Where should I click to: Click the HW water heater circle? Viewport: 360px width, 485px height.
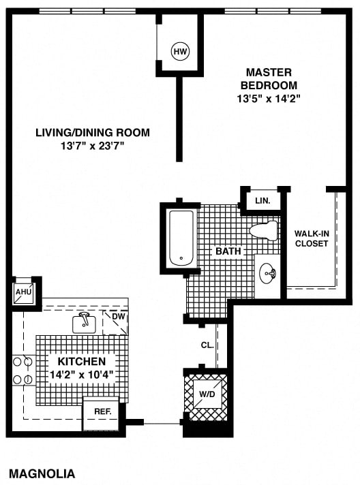(180, 51)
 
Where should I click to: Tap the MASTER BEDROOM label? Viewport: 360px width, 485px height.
(269, 78)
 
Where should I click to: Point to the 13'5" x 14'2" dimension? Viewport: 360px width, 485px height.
(269, 99)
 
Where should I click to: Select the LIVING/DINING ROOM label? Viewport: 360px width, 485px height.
(93, 133)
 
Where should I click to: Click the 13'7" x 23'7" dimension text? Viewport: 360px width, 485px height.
(92, 146)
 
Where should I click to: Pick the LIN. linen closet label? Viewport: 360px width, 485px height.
(262, 200)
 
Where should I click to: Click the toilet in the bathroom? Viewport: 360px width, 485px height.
(263, 231)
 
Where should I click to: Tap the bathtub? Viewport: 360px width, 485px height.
(181, 238)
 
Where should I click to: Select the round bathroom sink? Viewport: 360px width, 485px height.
(267, 273)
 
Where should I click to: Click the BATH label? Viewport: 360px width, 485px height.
(228, 251)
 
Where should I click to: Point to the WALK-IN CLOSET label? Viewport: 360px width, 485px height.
(312, 238)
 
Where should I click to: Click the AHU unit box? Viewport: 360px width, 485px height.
(24, 292)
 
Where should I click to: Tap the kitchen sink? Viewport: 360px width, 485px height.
(84, 324)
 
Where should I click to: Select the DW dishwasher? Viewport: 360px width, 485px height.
(115, 323)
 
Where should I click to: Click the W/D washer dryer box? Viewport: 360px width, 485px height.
(207, 394)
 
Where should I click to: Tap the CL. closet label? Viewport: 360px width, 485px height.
(207, 345)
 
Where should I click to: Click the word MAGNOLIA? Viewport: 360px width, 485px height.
(42, 473)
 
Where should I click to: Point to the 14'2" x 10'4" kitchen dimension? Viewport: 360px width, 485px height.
(82, 375)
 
